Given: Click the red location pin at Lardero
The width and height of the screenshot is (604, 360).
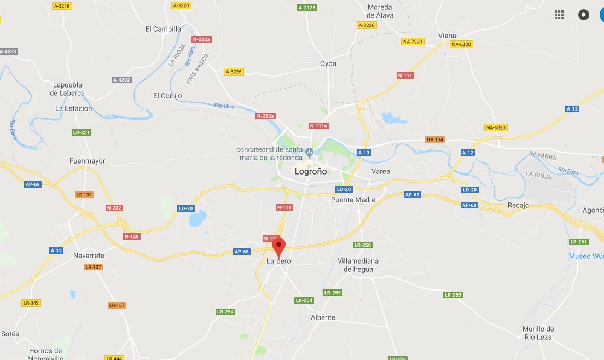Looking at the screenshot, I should [x=279, y=246].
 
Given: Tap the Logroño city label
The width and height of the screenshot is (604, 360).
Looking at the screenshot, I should [x=310, y=171].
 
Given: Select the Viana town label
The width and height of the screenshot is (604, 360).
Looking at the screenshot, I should [x=447, y=36].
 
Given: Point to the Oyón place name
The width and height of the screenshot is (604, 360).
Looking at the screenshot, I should [x=328, y=63].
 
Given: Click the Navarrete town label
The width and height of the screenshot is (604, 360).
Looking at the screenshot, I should [x=89, y=256].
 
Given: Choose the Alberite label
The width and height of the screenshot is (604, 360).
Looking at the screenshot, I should [x=323, y=317].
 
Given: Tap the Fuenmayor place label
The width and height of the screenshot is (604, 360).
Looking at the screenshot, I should [x=88, y=161].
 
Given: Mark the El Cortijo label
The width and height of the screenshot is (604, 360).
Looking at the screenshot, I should [x=167, y=96].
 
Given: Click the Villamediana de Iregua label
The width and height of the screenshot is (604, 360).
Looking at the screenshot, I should [x=358, y=265].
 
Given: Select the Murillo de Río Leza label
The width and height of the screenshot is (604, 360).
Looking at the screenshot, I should [x=538, y=333].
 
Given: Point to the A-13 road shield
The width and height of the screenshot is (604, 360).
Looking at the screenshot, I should [x=364, y=153].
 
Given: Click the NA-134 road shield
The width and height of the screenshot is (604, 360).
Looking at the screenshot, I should [x=435, y=140].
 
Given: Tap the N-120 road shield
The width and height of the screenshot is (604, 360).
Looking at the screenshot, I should [x=131, y=236].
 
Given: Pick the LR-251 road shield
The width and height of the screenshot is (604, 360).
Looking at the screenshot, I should [x=82, y=132].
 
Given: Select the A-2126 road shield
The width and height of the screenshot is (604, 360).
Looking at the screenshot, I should [x=307, y=8].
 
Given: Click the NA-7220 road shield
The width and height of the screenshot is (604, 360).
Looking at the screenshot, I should [x=413, y=42].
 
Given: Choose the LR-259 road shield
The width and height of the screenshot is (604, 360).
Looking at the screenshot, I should [x=453, y=295].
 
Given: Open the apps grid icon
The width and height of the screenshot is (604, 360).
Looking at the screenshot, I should [x=559, y=15].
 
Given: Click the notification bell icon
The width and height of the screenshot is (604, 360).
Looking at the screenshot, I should [x=584, y=15].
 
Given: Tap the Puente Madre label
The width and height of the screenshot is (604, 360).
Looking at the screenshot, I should [x=353, y=200].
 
